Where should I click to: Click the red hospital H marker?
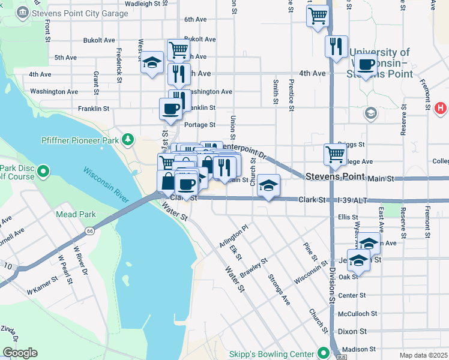[x=440, y=108]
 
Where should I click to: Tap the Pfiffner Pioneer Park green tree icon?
[x=127, y=140]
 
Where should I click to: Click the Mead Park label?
[x=76, y=214]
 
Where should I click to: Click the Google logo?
[x=19, y=353]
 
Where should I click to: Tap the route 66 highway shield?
[x=90, y=230]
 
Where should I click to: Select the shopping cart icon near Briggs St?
[x=335, y=154]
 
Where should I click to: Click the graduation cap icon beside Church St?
[x=269, y=187]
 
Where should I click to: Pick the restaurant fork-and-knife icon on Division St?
[x=336, y=46]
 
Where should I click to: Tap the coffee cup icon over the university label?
[x=365, y=64]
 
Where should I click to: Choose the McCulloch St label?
[x=357, y=313]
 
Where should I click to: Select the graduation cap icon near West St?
[x=152, y=62]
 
